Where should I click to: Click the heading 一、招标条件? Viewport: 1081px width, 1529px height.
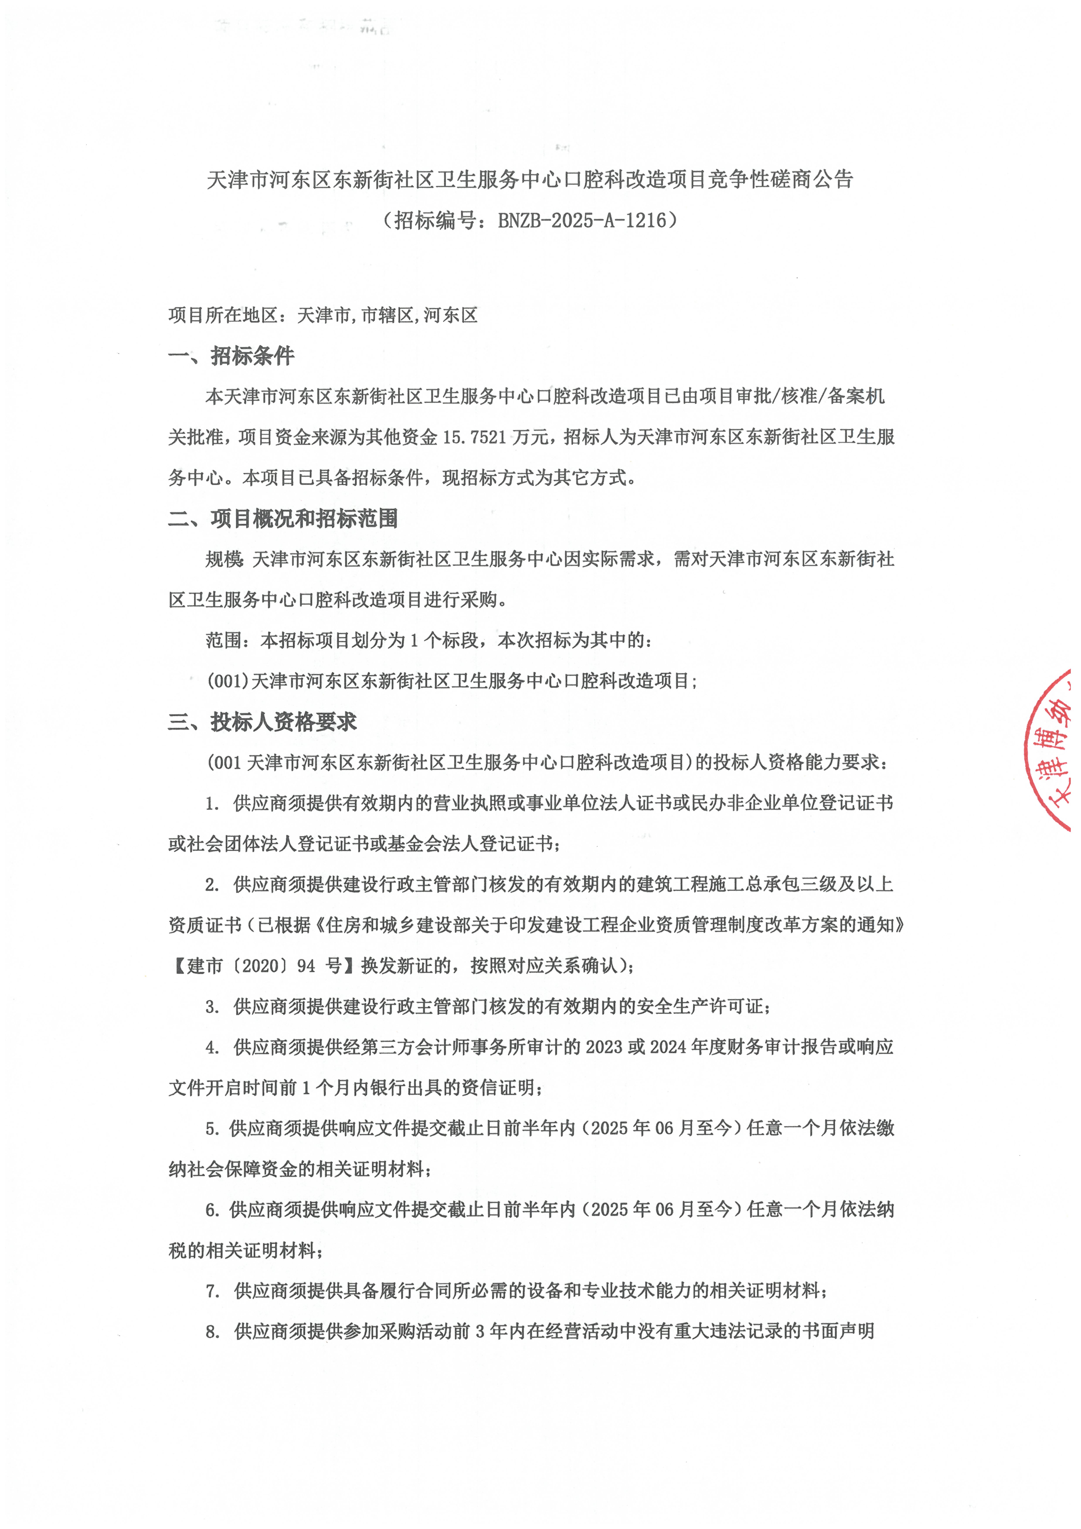(x=231, y=356)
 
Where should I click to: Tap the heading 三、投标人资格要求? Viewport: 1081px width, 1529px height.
(x=262, y=722)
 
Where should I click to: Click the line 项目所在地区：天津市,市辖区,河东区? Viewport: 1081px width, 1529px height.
(x=322, y=315)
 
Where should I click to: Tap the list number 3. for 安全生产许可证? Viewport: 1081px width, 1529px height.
(x=212, y=1007)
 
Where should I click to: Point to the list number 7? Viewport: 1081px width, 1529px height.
(x=212, y=1291)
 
